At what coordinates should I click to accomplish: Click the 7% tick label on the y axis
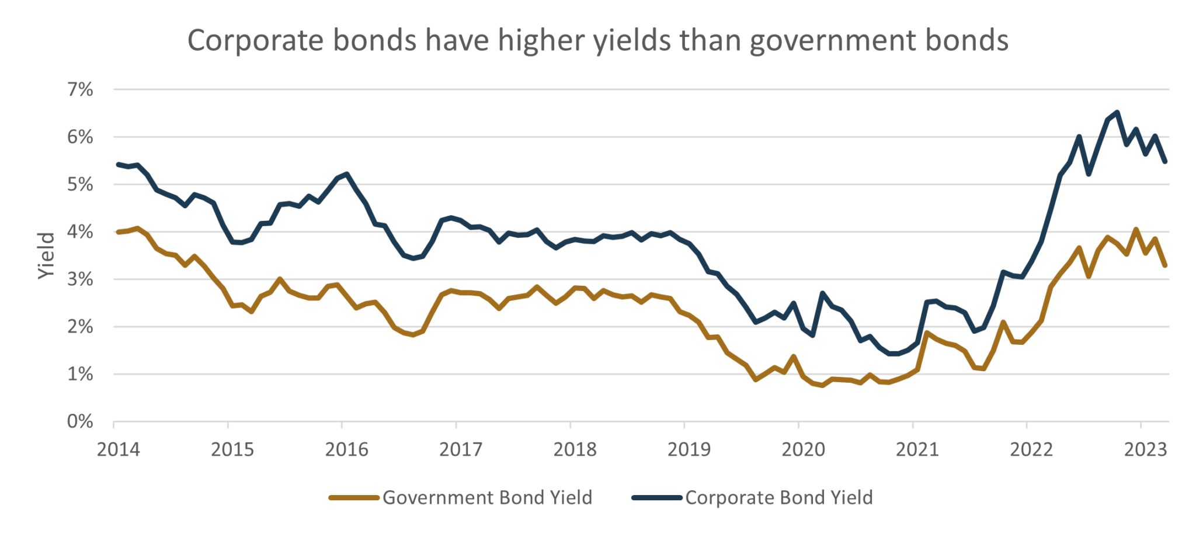(81, 90)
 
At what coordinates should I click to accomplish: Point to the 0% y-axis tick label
(81, 421)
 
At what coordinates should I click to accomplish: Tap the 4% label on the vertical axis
(81, 232)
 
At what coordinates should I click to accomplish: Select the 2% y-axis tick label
(81, 327)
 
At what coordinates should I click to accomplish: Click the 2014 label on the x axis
(119, 449)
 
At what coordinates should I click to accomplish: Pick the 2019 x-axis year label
(689, 449)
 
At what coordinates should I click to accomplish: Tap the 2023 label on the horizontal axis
(1145, 449)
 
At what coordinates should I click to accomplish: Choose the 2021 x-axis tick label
(917, 449)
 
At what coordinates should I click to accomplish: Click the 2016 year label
(347, 449)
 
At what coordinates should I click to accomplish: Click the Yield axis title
(47, 256)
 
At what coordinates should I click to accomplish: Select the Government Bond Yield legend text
(487, 498)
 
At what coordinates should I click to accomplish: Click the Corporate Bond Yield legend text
(778, 498)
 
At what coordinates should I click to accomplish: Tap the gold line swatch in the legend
(354, 498)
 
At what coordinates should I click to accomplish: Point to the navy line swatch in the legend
(656, 498)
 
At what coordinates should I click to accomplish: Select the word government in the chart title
(829, 41)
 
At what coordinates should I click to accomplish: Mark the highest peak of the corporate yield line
(1117, 111)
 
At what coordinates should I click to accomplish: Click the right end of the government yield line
(1166, 266)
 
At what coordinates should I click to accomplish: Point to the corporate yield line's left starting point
(118, 164)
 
